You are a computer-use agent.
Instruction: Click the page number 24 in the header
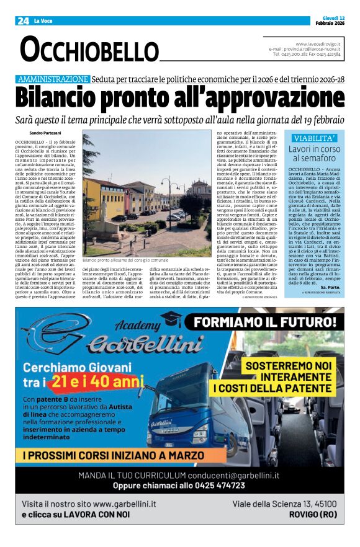22,21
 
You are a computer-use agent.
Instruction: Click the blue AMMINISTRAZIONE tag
53,79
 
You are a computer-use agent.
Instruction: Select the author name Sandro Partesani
46,133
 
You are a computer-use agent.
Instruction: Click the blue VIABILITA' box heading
315,138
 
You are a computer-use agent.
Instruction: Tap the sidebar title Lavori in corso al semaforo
315,154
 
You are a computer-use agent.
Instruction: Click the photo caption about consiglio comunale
125,260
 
